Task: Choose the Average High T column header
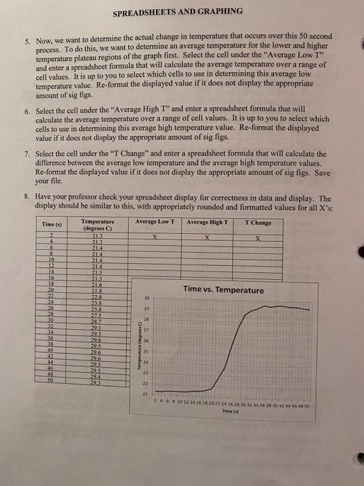207,223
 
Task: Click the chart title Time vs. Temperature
223,290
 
